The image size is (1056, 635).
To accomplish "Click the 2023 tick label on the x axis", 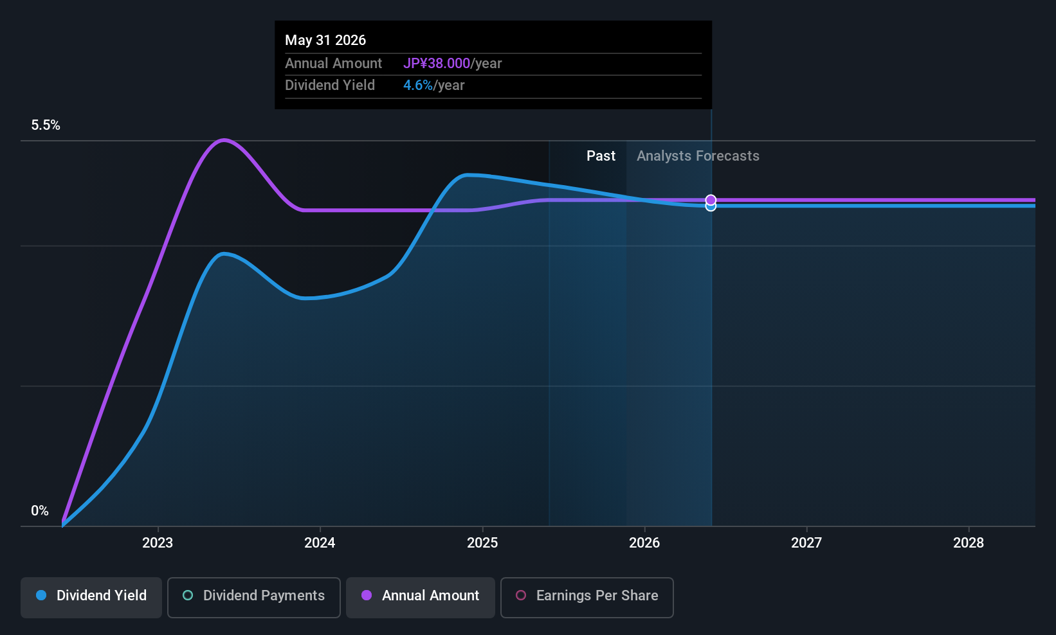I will point(158,543).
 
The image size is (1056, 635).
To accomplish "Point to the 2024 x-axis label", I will point(320,543).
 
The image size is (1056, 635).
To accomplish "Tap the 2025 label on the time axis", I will point(482,543).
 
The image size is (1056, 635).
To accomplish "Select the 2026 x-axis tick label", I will point(644,543).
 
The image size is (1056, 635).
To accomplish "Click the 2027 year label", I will point(806,543).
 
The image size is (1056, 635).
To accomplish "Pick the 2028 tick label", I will point(969,543).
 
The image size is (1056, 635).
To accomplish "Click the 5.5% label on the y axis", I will point(46,125).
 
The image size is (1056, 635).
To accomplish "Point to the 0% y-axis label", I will point(40,511).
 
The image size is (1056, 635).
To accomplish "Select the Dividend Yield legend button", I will point(91,596).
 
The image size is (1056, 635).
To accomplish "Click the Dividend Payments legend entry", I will point(254,596).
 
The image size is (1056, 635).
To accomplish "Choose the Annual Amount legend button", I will point(421,596).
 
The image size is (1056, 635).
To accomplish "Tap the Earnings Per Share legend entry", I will point(587,596).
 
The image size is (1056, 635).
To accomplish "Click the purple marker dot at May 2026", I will point(711,200).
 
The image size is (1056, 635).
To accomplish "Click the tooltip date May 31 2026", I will point(325,40).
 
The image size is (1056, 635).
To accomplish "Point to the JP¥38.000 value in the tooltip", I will point(437,64).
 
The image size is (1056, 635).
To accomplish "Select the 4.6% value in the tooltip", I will point(418,85).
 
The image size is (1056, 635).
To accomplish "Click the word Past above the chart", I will point(601,156).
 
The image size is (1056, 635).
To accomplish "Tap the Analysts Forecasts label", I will point(698,156).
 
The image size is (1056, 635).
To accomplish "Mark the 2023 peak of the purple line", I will point(224,139).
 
